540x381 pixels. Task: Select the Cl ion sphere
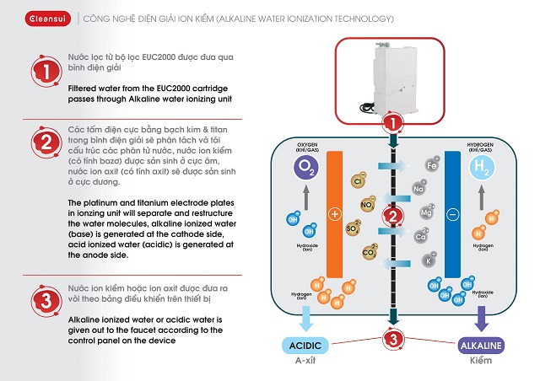pyautogui.click(x=357, y=180)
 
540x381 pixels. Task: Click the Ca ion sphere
pyautogui.click(x=419, y=238)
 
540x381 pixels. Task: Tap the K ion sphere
pyautogui.click(x=431, y=261)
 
